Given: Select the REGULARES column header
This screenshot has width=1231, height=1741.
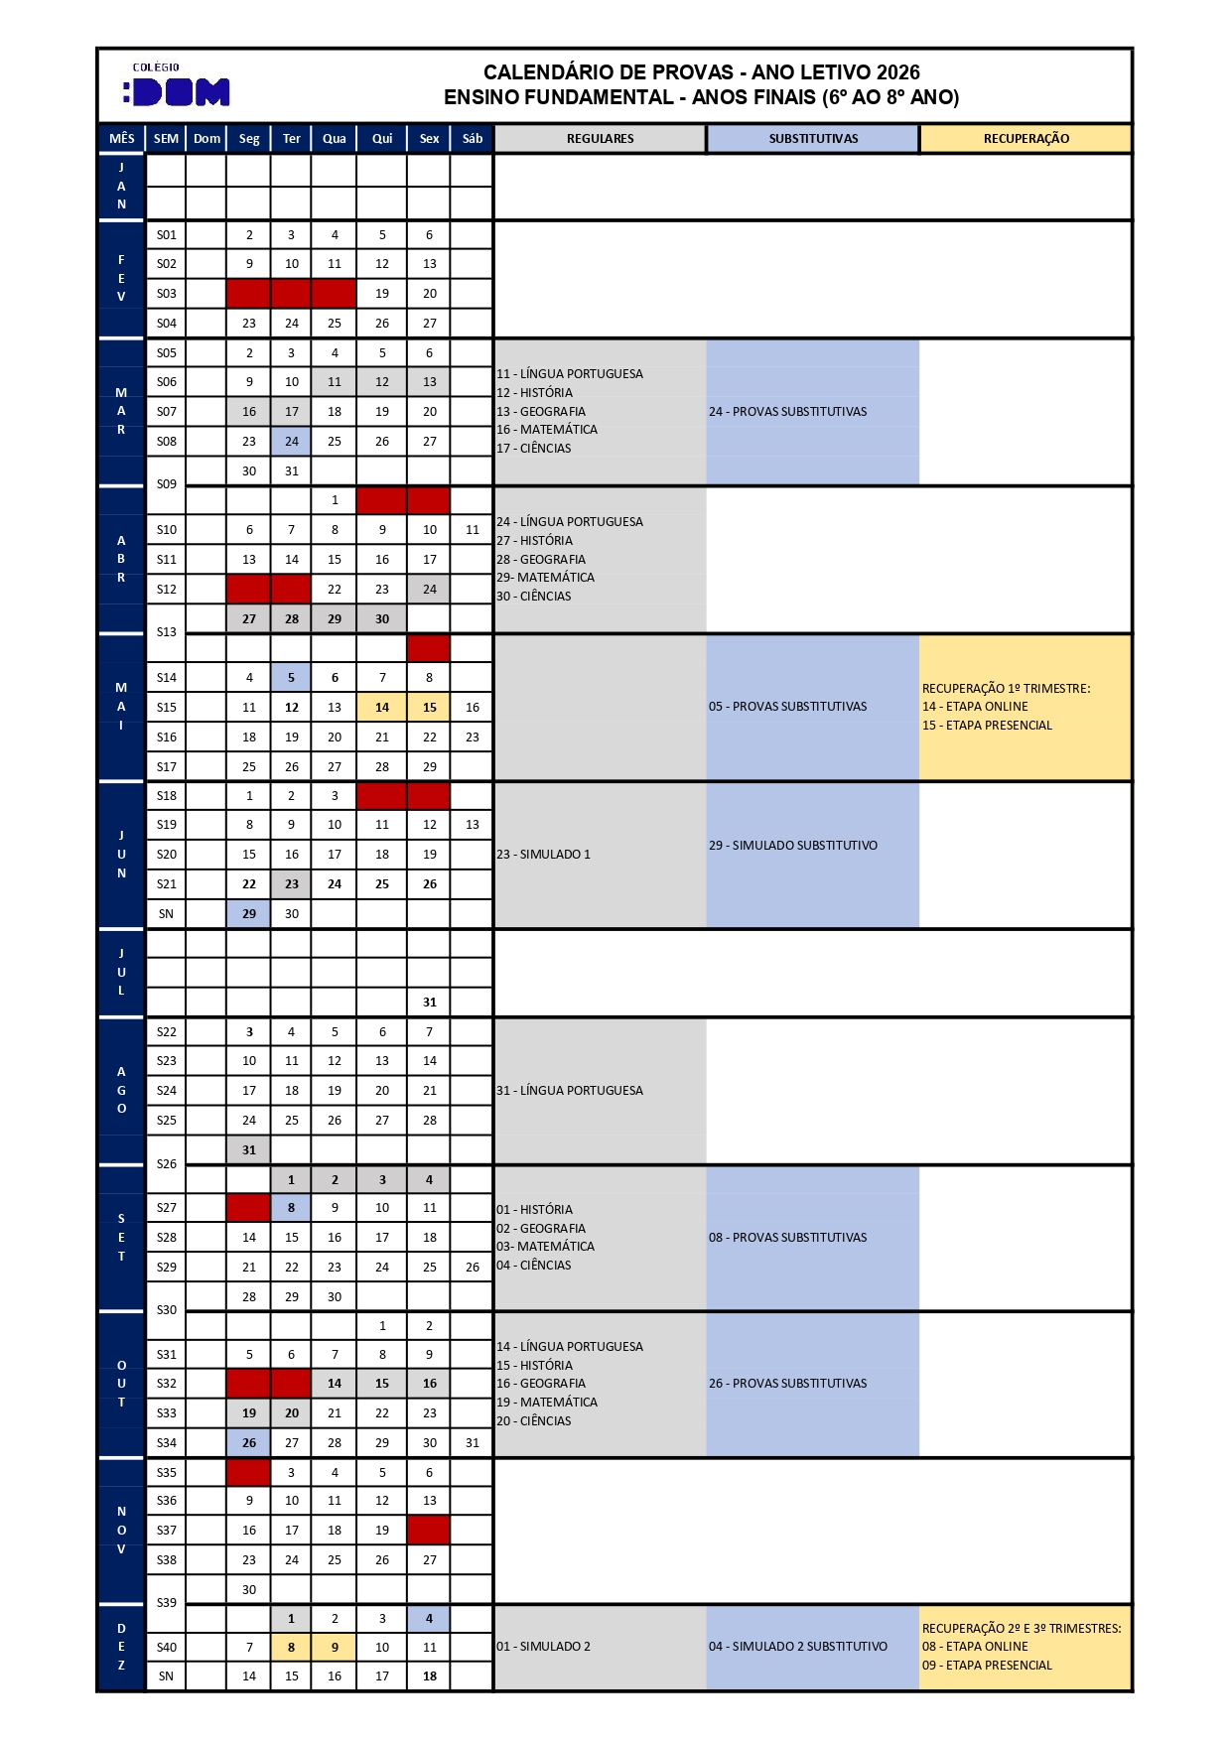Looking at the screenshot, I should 600,139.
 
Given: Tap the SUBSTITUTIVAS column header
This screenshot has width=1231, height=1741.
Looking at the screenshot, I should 813,139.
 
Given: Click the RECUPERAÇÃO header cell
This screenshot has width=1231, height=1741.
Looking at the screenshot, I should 1026,139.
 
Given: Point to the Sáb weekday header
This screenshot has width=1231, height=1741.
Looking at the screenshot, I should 472,139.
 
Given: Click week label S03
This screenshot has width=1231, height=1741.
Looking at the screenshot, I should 166,294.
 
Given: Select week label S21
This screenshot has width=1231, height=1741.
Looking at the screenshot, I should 166,884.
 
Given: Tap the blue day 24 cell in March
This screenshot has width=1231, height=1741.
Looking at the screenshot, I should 291,442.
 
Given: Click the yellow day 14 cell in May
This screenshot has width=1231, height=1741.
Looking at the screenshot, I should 381,708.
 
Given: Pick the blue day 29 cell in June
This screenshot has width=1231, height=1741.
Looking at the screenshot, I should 249,914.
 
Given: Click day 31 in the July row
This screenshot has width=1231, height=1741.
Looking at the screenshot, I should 429,1003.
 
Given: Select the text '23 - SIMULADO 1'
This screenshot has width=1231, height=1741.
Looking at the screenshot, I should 543,855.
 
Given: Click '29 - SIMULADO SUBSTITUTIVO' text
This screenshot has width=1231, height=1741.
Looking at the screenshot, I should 792,846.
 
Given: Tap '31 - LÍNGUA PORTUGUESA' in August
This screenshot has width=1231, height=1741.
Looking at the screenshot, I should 569,1091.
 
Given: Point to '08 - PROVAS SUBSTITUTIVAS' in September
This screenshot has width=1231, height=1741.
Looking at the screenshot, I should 787,1238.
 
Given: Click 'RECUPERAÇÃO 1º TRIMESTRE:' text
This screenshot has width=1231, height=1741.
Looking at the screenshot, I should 1006,689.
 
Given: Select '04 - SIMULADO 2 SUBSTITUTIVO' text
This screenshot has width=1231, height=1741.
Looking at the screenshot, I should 797,1647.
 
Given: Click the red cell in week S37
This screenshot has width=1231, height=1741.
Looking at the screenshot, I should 429,1531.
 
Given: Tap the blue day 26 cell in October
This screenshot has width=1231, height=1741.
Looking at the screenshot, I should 249,1443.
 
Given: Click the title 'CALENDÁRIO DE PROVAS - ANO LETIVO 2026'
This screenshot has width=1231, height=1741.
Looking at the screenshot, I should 701,72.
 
